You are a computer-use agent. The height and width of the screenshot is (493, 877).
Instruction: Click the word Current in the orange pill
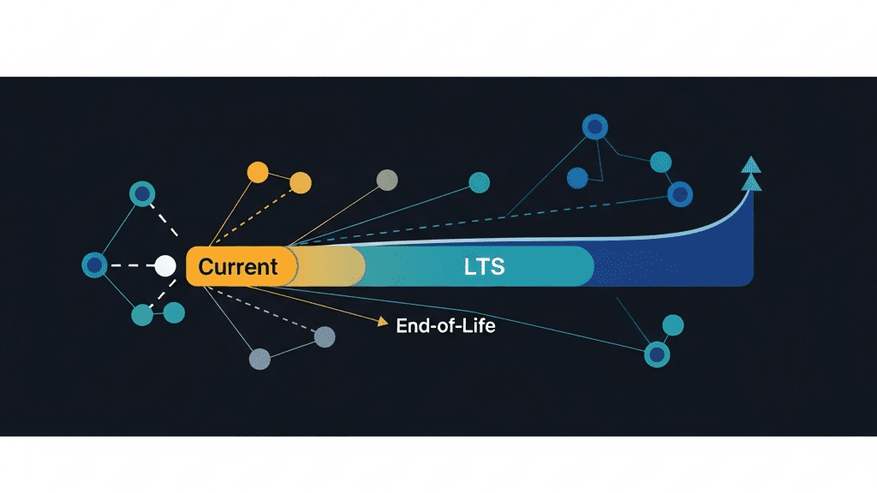click(x=238, y=266)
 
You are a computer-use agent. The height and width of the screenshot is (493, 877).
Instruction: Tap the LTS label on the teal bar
click(x=484, y=266)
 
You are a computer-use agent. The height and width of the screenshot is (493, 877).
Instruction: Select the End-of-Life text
click(x=445, y=326)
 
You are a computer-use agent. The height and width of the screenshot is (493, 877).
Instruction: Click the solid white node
click(x=165, y=265)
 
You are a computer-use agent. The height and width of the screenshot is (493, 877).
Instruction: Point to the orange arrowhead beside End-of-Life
click(x=383, y=322)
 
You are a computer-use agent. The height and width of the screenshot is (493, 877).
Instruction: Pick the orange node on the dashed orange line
click(x=301, y=182)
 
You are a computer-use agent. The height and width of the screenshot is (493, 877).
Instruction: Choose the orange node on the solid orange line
click(x=257, y=171)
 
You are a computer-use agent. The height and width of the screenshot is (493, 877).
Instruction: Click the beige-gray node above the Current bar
click(x=387, y=180)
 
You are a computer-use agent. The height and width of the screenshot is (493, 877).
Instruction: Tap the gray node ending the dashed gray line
click(x=325, y=337)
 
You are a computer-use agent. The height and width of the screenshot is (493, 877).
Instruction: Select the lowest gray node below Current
click(x=260, y=359)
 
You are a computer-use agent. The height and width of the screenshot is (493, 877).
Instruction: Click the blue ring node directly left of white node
click(x=94, y=265)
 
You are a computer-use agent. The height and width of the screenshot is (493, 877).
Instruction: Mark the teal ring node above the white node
click(x=141, y=193)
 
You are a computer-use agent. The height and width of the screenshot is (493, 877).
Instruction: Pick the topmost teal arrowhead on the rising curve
click(x=751, y=164)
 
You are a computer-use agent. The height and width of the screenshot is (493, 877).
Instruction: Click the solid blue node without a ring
click(x=577, y=177)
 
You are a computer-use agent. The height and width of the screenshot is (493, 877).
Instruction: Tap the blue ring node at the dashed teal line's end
click(x=680, y=194)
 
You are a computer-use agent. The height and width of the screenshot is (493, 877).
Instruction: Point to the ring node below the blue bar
click(x=656, y=353)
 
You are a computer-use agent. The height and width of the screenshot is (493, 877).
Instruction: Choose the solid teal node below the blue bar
click(x=673, y=325)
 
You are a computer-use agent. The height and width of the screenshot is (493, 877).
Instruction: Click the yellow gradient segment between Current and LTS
click(x=330, y=266)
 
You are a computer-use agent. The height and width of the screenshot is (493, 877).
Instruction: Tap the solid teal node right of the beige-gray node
click(x=479, y=182)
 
